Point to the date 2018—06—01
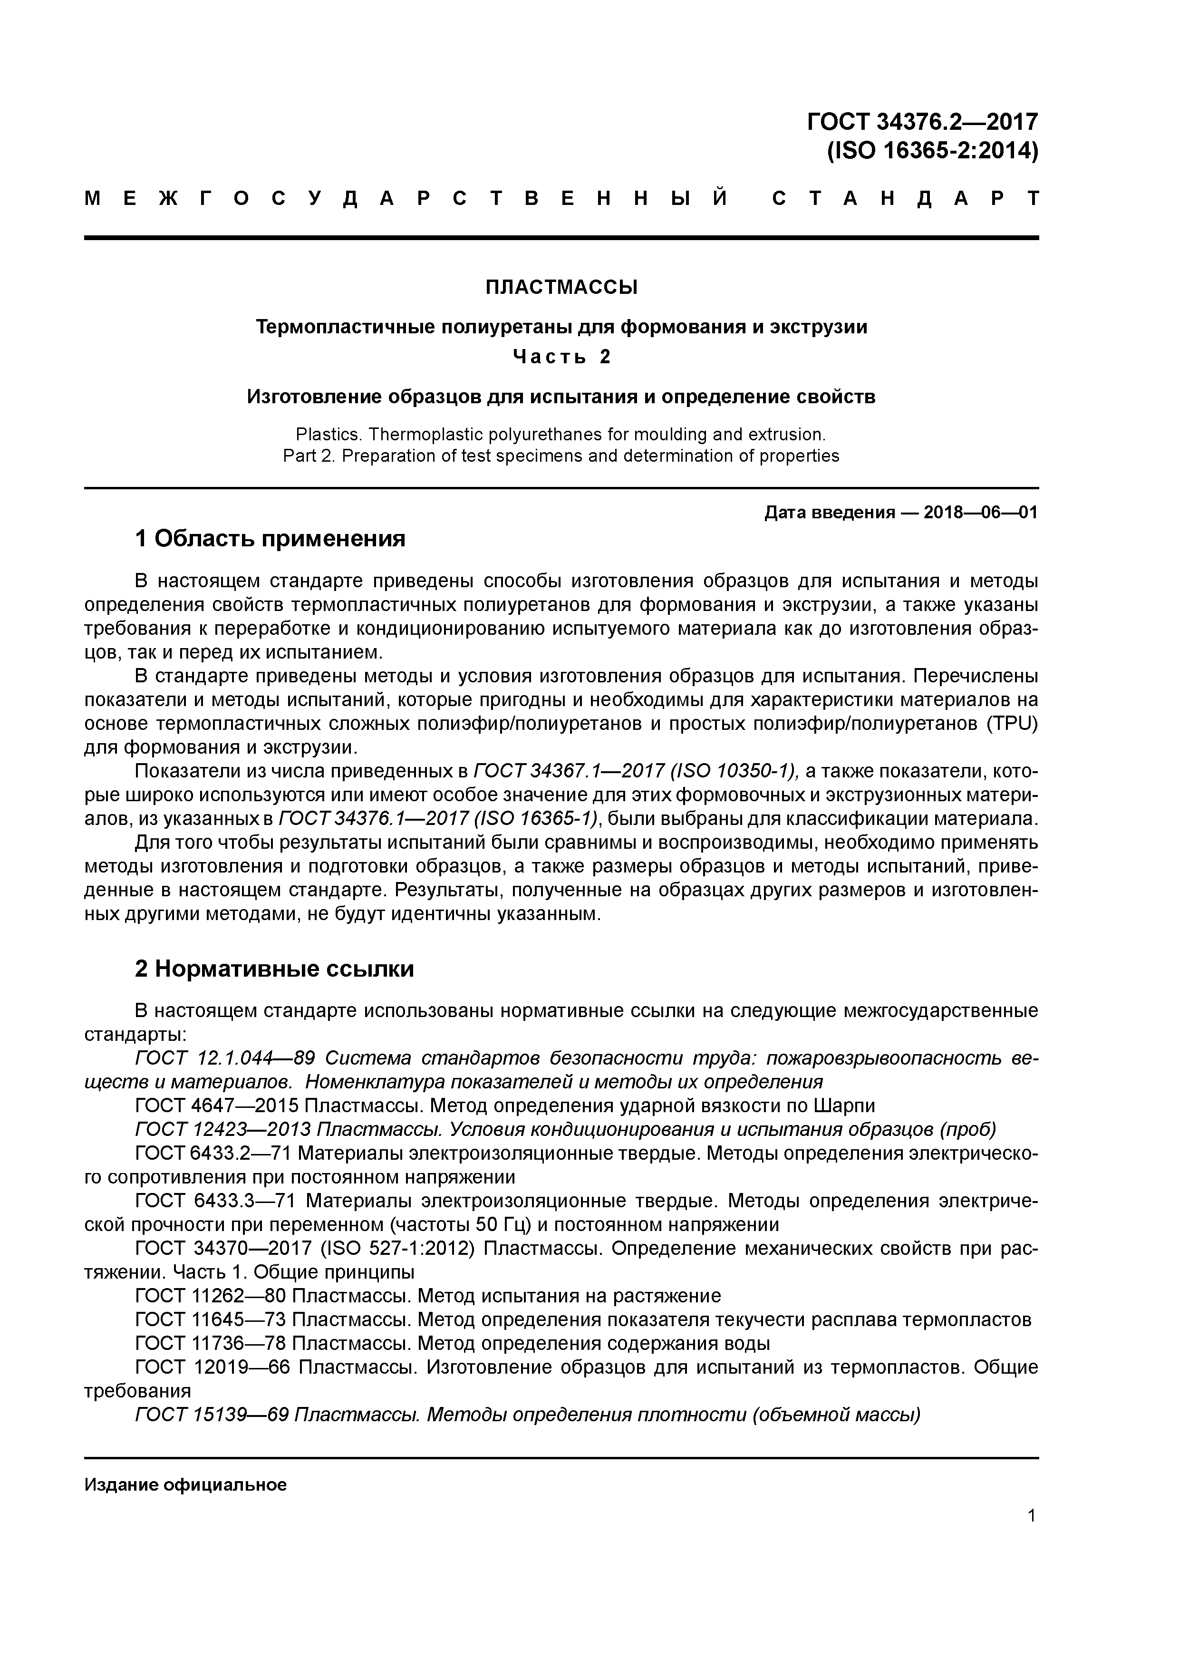(981, 513)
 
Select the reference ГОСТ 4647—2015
(216, 1106)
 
